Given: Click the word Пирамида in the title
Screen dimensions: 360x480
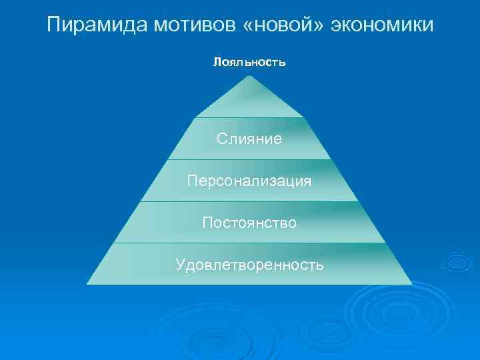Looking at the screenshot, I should pos(99,25).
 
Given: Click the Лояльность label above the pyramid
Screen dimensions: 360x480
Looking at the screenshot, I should pos(249,63).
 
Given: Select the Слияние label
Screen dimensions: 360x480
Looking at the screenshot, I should pos(249,139).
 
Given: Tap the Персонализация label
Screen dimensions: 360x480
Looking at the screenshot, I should pos(249,181).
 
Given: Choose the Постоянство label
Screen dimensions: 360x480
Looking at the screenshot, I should pos(249,222).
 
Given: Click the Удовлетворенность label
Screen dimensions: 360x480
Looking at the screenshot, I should pos(249,265).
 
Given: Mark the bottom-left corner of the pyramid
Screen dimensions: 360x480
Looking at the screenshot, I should pos(87,284).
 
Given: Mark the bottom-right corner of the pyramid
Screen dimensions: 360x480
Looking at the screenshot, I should pos(411,284).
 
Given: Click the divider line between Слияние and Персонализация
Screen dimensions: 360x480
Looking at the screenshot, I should pos(249,160).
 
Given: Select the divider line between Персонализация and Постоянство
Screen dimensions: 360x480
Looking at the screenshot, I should pos(249,201).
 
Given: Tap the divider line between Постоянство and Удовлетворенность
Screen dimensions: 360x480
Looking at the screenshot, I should pos(249,243).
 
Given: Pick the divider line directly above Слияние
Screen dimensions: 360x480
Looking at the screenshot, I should pos(249,118).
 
